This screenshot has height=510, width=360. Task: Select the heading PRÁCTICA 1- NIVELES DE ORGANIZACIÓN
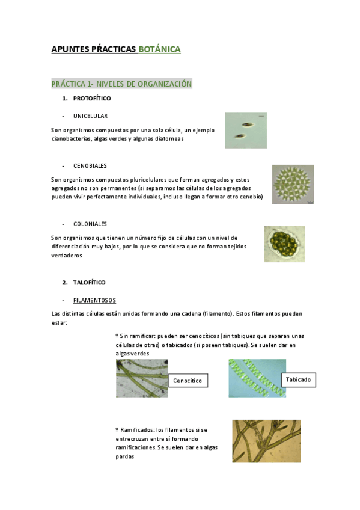(x=121, y=84)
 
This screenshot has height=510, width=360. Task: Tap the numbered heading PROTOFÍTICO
(x=92, y=98)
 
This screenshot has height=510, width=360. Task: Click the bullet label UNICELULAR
(x=90, y=115)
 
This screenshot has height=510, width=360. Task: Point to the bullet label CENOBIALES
(x=90, y=165)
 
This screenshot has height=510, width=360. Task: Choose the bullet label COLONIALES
(x=90, y=224)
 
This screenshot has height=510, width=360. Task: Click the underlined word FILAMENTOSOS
(x=94, y=300)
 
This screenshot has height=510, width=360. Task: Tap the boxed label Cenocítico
(x=188, y=381)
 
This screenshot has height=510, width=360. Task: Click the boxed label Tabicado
(x=299, y=380)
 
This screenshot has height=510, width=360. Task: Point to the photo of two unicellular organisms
(x=246, y=130)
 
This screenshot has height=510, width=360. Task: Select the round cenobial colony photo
(x=293, y=185)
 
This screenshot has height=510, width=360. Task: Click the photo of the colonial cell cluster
(x=284, y=244)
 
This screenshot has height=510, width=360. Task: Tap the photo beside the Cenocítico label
(x=142, y=378)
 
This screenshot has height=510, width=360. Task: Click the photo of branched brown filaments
(x=266, y=441)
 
